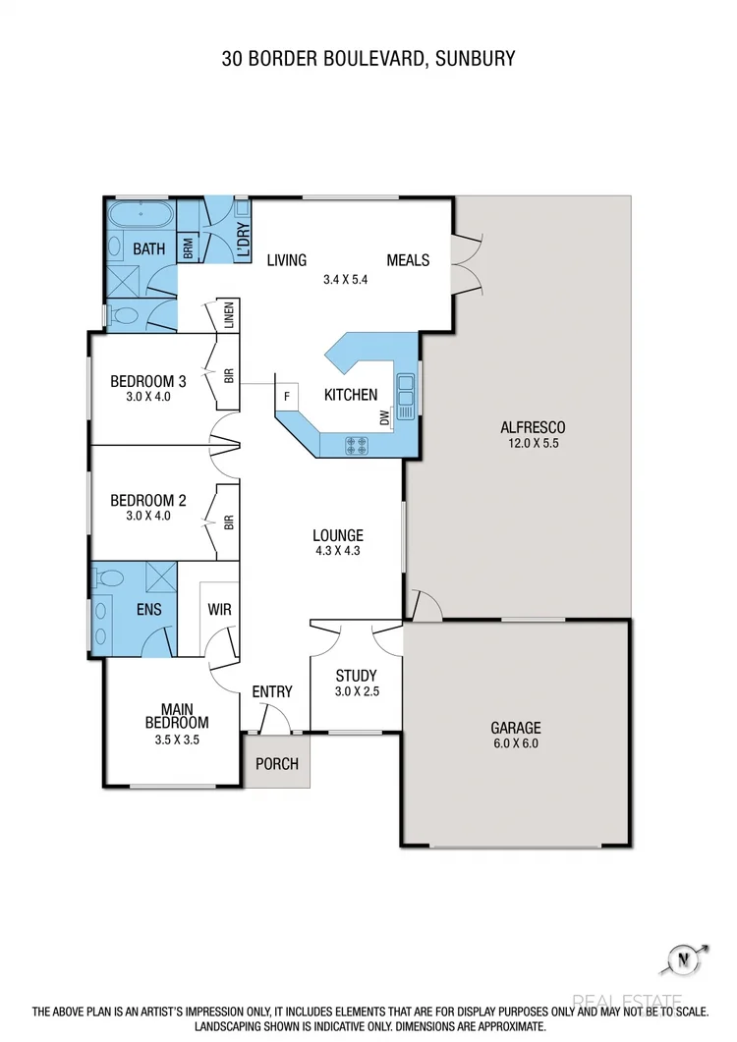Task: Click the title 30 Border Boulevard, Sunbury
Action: click(368, 59)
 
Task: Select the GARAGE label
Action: click(516, 728)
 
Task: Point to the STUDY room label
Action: click(356, 676)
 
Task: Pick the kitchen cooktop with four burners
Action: click(356, 445)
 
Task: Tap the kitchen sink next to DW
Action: click(405, 392)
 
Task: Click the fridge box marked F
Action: click(287, 397)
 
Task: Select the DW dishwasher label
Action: click(384, 418)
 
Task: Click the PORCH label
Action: click(276, 764)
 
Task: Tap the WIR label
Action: click(219, 610)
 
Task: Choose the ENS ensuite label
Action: click(148, 610)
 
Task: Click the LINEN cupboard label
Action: click(228, 316)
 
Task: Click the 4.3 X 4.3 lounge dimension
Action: click(338, 551)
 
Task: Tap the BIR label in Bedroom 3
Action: click(228, 374)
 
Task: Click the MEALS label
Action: click(408, 260)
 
